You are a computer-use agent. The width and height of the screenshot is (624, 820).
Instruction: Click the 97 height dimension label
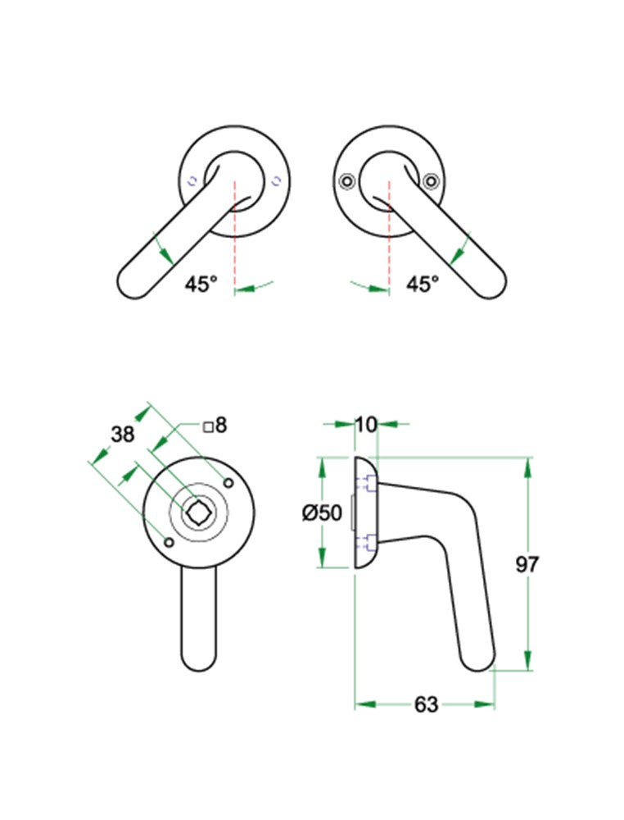click(527, 564)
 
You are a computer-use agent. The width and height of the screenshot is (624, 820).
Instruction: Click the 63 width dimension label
click(426, 704)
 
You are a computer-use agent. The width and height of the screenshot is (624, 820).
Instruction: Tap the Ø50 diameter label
click(322, 512)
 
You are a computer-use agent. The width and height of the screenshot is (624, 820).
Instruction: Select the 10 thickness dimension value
click(365, 424)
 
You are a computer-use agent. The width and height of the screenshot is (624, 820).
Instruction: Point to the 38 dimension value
click(123, 434)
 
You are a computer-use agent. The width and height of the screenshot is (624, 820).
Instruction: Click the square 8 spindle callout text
click(215, 425)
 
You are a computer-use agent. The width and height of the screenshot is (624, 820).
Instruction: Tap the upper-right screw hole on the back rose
click(228, 482)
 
